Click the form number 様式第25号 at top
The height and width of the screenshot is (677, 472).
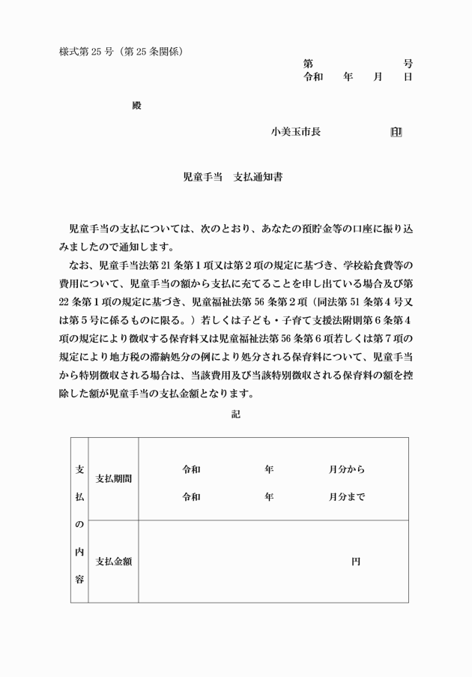point(86,52)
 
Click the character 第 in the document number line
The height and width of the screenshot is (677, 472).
point(308,64)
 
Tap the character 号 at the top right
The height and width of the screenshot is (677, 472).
point(408,64)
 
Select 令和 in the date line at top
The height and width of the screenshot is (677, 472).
point(312,76)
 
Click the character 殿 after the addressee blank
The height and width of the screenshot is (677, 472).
point(136,106)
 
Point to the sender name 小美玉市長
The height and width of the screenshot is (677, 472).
point(296,132)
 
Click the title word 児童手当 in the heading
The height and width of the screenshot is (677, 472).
point(202,178)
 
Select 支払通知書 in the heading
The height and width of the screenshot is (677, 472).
point(258,178)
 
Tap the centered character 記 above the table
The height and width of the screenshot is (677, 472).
point(236,412)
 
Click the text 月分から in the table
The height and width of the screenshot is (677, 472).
point(346,470)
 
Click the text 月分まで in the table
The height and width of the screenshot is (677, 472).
point(346,496)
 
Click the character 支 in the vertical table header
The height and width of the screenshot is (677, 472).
point(79,469)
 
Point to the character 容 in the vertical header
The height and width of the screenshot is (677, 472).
point(79,580)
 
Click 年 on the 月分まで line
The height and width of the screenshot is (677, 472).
point(269,496)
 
